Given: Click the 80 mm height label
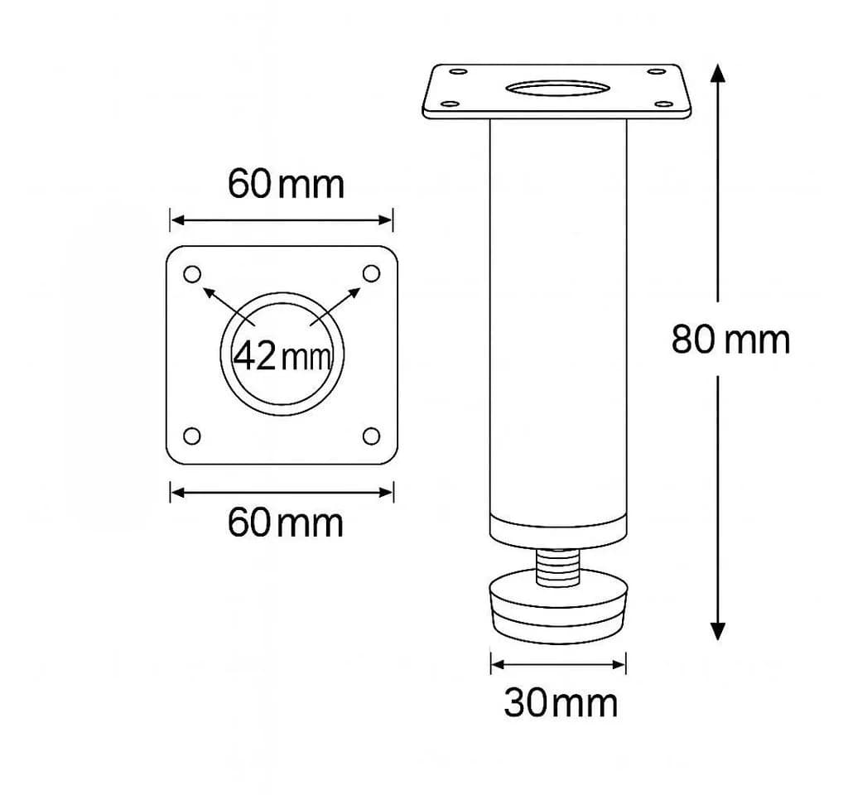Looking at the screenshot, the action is [x=730, y=340].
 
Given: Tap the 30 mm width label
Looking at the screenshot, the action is [x=561, y=703].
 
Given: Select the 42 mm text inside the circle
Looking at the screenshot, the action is [x=282, y=356].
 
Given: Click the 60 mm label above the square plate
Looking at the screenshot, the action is [x=286, y=184].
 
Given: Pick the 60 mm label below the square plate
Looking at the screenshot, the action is [x=285, y=523].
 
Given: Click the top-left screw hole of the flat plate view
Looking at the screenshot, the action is [x=192, y=274].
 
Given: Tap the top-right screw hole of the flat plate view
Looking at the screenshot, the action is [x=371, y=273].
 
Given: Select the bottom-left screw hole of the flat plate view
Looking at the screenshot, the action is [x=192, y=436].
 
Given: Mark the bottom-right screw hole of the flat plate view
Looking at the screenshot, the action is [x=371, y=436].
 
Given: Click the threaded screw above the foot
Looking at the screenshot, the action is [x=558, y=567].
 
